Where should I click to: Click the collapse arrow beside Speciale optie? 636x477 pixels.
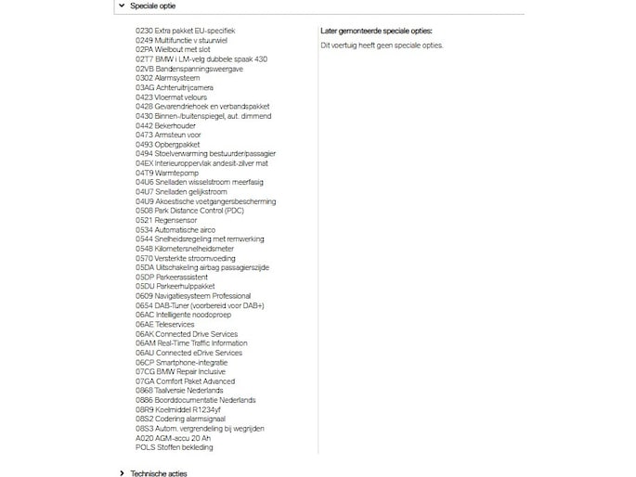point(121,6)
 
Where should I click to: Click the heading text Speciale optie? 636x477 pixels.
point(152,6)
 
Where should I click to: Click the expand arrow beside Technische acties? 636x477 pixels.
point(122,473)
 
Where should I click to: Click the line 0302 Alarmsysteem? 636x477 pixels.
point(167,78)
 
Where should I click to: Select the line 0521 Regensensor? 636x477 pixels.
point(167,220)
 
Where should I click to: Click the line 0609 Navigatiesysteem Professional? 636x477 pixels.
point(193,296)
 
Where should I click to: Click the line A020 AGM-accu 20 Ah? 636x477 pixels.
point(174,438)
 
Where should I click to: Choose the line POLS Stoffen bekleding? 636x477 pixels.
point(174,447)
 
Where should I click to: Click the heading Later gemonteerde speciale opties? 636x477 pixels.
point(375,31)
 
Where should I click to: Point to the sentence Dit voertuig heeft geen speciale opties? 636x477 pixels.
point(382,45)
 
